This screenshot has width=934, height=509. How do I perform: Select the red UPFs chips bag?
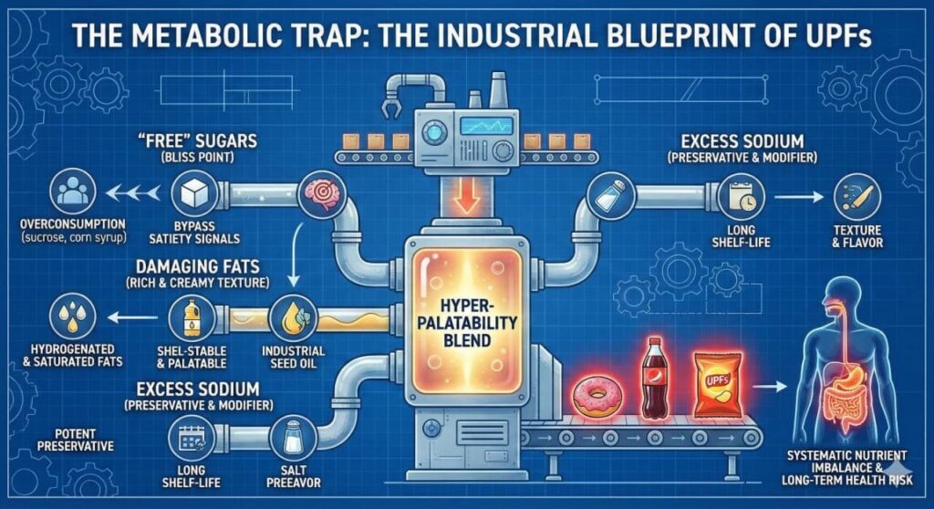(x=715, y=384)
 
